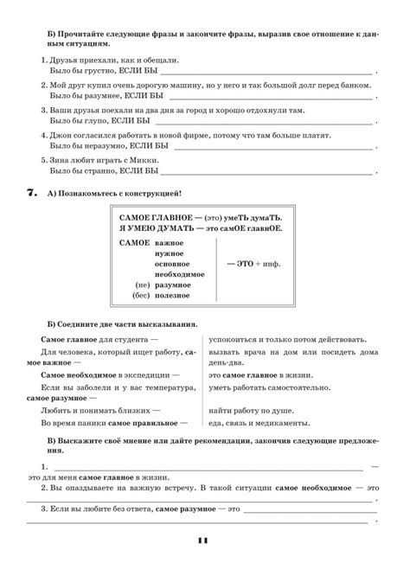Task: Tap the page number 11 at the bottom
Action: tap(204, 541)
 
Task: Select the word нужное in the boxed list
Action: tap(170, 254)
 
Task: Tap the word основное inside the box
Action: tap(174, 264)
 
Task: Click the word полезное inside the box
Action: tap(174, 297)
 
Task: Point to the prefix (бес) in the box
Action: tap(143, 297)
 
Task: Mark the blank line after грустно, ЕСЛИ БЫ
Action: tap(268, 74)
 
